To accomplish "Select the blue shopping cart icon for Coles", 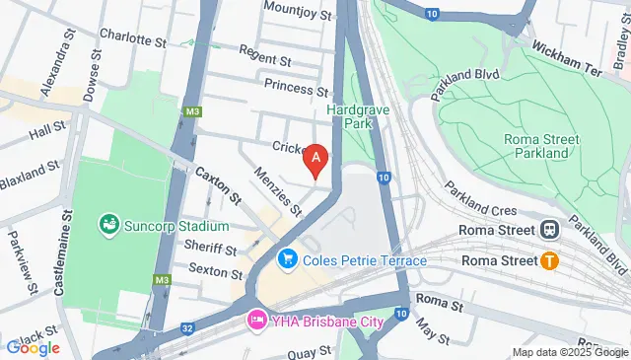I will (x=288, y=259).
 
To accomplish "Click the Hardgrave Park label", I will (x=360, y=116).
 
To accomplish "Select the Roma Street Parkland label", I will (x=536, y=146).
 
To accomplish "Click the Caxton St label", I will (x=218, y=183).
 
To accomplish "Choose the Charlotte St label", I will (x=132, y=38).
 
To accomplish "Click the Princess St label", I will (x=295, y=89).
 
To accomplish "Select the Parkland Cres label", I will (x=480, y=198).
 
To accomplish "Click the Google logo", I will (x=33, y=347).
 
